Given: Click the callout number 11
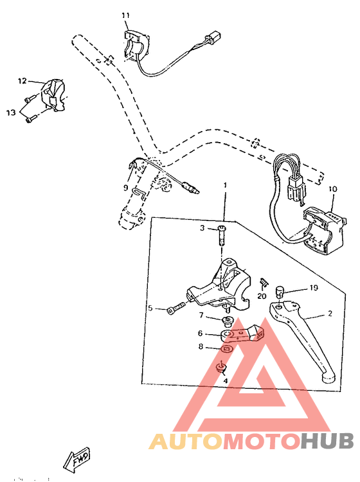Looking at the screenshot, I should click(125, 15).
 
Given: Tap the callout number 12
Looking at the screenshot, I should click(22, 81).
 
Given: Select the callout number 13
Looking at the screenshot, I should click(11, 112).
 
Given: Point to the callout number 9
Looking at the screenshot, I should click(126, 188).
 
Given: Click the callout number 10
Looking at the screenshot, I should click(332, 190).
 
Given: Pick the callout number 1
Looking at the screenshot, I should click(225, 185).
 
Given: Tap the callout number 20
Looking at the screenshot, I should click(262, 296).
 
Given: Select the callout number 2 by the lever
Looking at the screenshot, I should click(330, 314).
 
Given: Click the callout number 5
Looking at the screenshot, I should click(150, 308).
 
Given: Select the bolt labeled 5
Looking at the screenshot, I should click(174, 310).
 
